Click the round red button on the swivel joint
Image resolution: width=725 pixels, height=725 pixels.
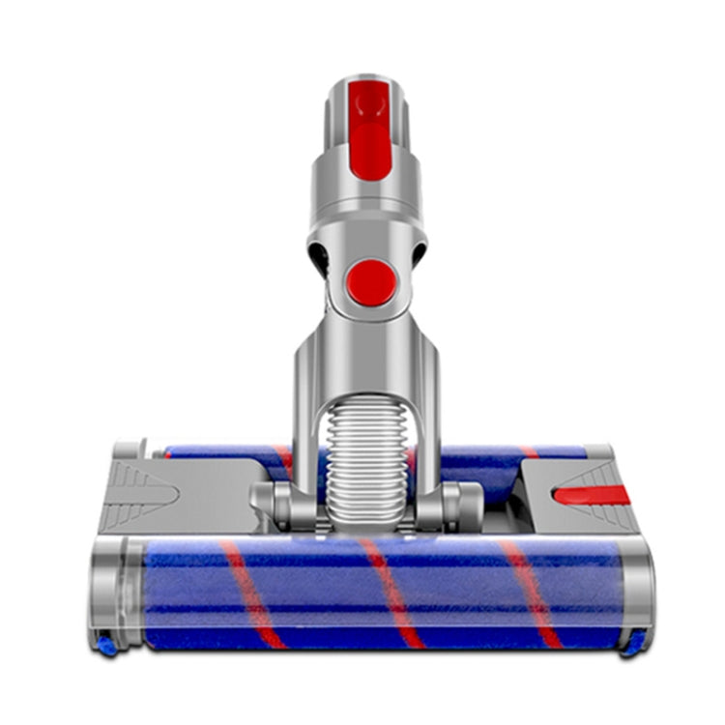(x=371, y=282)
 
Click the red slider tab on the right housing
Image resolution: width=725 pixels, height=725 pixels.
(x=591, y=495)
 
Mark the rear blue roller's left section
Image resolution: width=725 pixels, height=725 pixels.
(x=222, y=452)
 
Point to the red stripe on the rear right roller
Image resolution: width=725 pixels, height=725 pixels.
(x=530, y=451)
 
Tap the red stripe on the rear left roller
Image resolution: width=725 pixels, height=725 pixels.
(x=282, y=456)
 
